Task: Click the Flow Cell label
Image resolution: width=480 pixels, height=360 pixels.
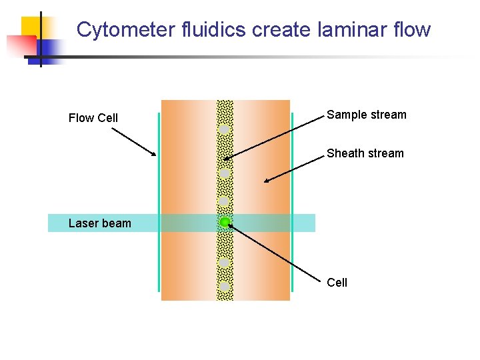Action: (93, 118)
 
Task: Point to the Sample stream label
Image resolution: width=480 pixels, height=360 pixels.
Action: (366, 115)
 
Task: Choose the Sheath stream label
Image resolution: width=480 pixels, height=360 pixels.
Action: (365, 153)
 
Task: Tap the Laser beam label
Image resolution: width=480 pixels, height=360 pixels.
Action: (100, 223)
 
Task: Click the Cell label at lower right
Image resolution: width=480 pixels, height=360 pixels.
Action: (337, 283)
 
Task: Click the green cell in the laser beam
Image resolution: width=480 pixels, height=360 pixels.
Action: (225, 221)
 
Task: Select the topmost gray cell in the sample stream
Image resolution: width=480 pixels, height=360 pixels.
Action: (225, 129)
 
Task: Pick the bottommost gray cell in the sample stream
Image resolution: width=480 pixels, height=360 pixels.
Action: (225, 287)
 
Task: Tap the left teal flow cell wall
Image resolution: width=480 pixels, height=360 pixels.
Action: (159, 200)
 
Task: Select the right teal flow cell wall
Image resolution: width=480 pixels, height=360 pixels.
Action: (293, 200)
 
